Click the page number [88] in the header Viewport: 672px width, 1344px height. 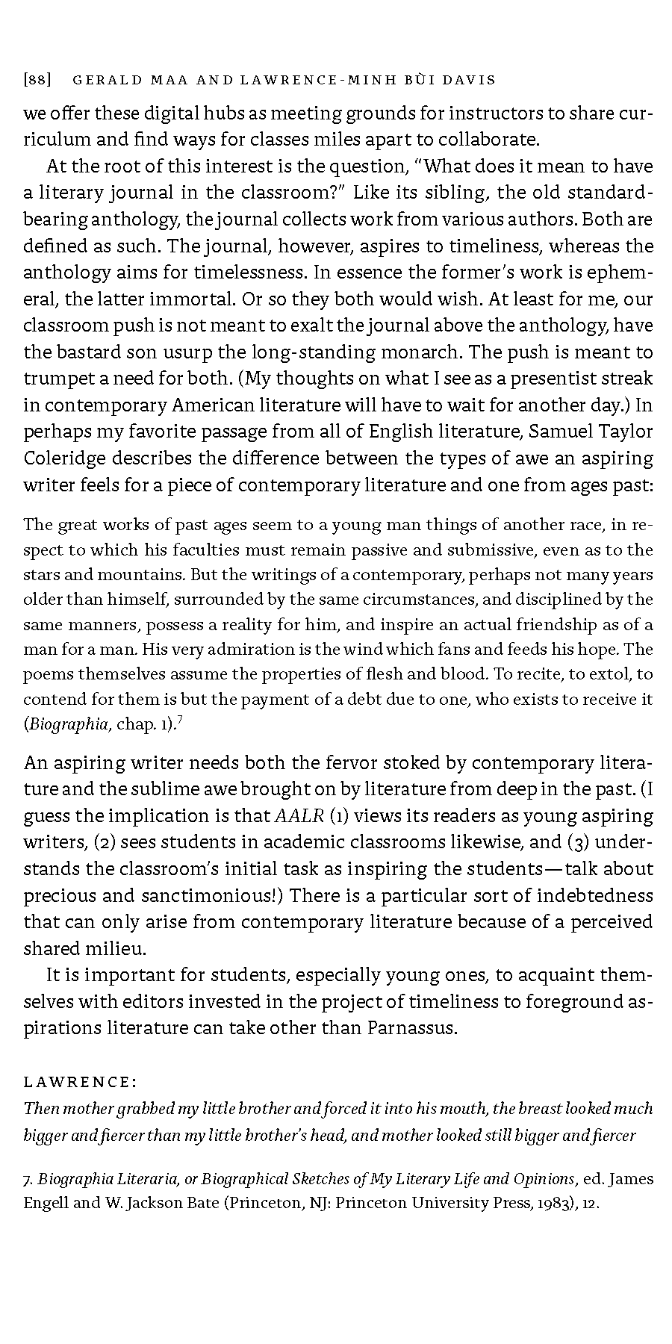click(x=37, y=80)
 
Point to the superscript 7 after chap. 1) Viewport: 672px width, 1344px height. click(x=181, y=719)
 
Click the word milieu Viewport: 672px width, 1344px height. click(x=118, y=948)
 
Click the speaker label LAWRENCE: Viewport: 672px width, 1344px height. click(x=80, y=1082)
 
